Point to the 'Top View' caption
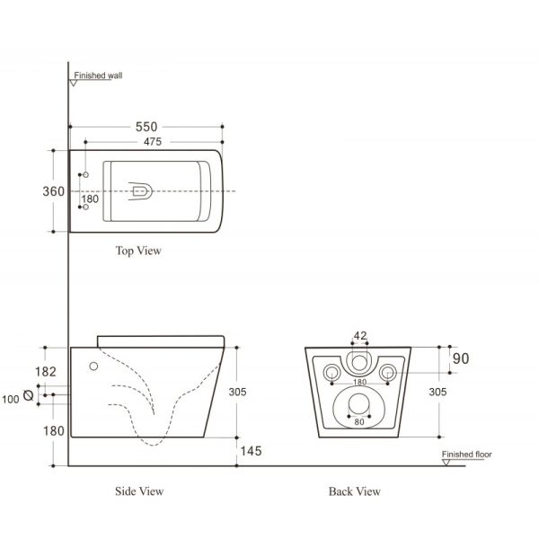[138, 251]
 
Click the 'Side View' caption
[139, 491]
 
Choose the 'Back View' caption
[355, 491]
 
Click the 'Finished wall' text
[98, 76]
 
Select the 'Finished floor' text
[466, 455]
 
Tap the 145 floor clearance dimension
[252, 451]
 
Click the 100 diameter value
[11, 399]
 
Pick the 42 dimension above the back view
[360, 336]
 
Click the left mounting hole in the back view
[330, 372]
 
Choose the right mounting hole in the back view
[388, 372]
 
